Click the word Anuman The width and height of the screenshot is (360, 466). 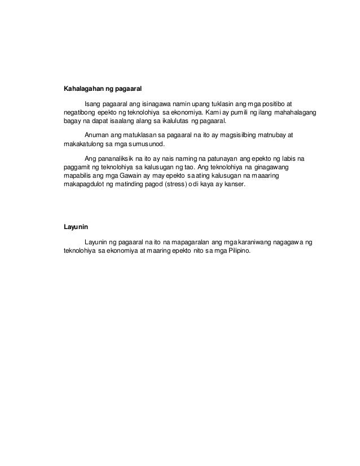pos(96,135)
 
